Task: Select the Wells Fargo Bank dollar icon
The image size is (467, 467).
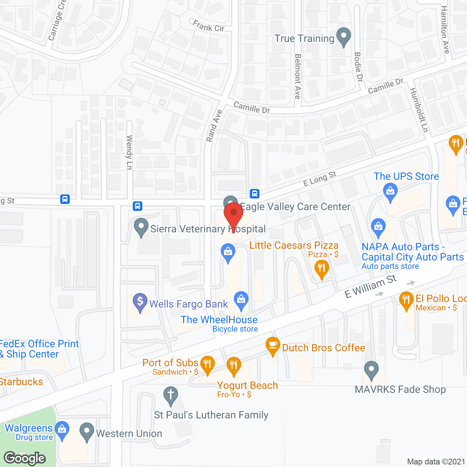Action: coord(140,302)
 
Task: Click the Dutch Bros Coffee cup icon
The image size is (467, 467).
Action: coord(273,346)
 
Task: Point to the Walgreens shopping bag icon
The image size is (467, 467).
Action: coord(62,429)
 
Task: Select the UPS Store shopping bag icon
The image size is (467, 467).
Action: coord(390,192)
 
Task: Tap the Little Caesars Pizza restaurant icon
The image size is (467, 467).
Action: coord(321,269)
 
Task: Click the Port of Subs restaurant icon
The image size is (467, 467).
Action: coord(207,364)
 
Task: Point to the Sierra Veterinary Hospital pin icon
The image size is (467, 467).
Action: coord(141,227)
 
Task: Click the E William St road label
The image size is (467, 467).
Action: coord(370,286)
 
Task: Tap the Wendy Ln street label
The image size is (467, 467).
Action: coord(129,152)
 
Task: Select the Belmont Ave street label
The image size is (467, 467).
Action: coord(298,77)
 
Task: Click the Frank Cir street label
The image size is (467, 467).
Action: coord(209,26)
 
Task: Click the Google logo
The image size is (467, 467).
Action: coord(25,458)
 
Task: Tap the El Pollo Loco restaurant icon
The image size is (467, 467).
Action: coord(406,301)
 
